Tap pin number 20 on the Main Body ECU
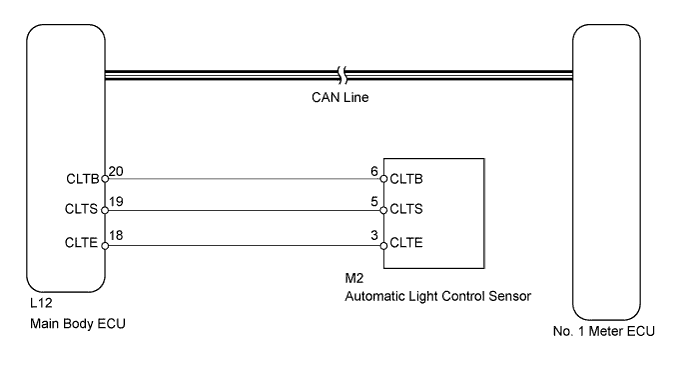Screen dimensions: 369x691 pyautogui.click(x=116, y=171)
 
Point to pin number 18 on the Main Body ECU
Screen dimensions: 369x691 pyautogui.click(x=116, y=234)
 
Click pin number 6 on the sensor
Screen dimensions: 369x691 pyautogui.click(x=374, y=171)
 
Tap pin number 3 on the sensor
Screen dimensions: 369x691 pyautogui.click(x=374, y=234)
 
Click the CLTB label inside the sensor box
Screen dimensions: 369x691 pyautogui.click(x=406, y=180)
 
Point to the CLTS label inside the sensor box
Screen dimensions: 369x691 pyautogui.click(x=406, y=212)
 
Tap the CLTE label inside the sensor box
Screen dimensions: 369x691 pyautogui.click(x=406, y=243)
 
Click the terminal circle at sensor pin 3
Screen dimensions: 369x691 pyautogui.click(x=382, y=243)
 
